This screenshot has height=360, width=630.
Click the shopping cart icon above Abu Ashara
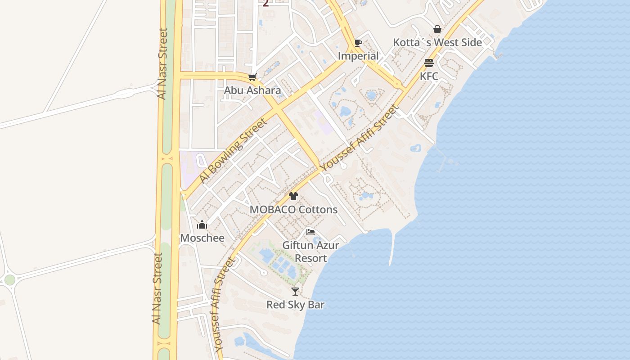click(252, 77)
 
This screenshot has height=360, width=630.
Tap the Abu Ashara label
click(252, 90)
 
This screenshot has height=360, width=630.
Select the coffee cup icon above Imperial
click(358, 43)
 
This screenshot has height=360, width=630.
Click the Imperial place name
click(358, 56)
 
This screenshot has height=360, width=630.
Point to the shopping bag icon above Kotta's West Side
click(437, 30)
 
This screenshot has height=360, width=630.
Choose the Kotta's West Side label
click(437, 43)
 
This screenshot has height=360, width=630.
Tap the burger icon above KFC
click(429, 63)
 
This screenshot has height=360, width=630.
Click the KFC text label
click(429, 76)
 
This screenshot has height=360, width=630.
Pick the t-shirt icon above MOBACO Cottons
click(293, 196)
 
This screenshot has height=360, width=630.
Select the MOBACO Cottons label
click(293, 210)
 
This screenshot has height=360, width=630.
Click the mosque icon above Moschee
click(202, 225)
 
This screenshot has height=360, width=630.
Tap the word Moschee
click(202, 238)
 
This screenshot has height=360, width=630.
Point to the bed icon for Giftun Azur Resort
click(310, 232)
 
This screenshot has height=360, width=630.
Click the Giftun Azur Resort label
click(310, 252)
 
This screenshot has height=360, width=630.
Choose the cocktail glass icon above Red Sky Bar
click(295, 292)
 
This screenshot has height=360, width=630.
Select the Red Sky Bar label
click(295, 305)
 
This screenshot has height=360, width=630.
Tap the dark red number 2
click(265, 4)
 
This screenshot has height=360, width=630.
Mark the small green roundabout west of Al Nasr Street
click(9, 280)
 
